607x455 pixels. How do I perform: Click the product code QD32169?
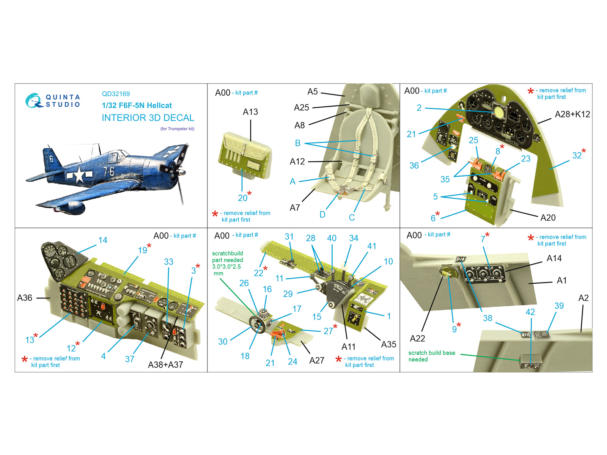pos(116,94)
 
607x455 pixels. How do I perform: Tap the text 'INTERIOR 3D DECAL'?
pos(148,118)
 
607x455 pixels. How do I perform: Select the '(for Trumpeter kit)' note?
pos(177,129)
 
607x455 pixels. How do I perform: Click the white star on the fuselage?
pos(79,174)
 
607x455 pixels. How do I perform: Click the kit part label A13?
pos(250,112)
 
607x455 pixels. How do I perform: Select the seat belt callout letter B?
pos(297,143)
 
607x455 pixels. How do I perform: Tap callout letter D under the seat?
pos(322,214)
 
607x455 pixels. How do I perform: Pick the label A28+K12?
pos(572,114)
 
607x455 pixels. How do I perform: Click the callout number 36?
pos(414,165)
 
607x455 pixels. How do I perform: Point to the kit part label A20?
pos(548,218)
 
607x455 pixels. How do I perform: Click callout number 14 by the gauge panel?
pos(103,240)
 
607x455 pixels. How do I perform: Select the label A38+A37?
pos(165,365)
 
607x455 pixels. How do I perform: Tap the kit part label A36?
pos(25,298)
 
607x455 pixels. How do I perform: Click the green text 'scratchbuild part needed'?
pos(228,257)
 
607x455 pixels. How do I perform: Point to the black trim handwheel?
pos(257,324)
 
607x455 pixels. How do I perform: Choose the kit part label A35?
pos(388,344)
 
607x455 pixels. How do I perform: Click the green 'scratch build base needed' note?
pos(432,356)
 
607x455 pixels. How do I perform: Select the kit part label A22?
pos(417,339)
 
